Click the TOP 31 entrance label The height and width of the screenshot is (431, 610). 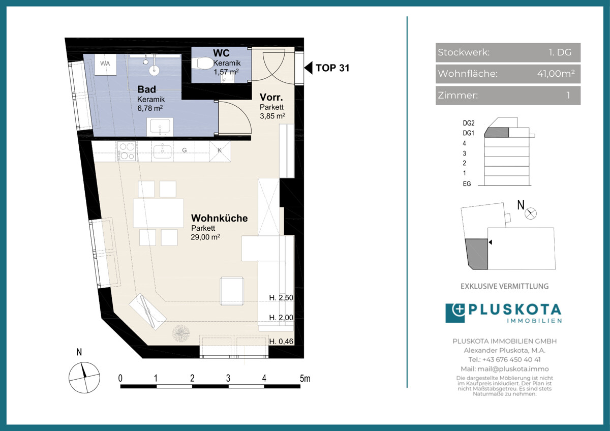(332, 68)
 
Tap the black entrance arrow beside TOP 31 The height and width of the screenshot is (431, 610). (308, 68)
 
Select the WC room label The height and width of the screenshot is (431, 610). (221, 53)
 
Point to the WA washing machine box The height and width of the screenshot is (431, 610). (105, 65)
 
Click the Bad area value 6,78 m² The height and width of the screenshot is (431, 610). (150, 108)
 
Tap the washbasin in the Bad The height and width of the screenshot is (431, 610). (160, 127)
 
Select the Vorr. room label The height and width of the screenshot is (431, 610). (271, 97)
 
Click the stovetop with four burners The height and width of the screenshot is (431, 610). (127, 151)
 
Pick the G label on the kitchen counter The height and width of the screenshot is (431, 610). (185, 150)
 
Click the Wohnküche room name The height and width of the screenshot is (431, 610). (219, 218)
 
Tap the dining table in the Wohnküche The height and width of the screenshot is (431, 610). (158, 213)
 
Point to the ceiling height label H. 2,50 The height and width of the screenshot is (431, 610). (281, 298)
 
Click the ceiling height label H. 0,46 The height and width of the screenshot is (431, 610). (281, 341)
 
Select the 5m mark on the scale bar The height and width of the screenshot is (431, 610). (304, 378)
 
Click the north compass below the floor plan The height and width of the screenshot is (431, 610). (84, 377)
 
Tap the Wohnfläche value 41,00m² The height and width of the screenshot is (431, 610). (556, 74)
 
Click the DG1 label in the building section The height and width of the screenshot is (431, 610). (468, 133)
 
